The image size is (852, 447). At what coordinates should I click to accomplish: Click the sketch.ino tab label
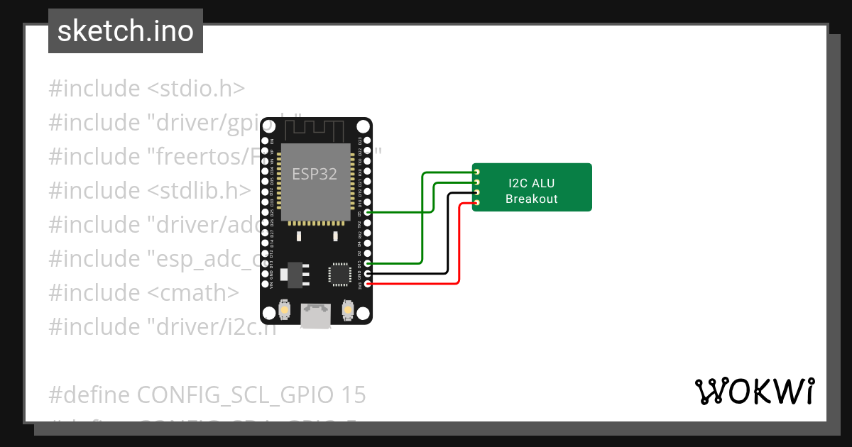[x=126, y=31]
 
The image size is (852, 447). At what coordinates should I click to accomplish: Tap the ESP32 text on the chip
[x=315, y=173]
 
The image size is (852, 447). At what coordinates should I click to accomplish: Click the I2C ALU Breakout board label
[x=532, y=192]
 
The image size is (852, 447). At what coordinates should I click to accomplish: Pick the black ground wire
[x=447, y=234]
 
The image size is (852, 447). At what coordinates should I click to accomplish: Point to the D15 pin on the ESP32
[x=367, y=263]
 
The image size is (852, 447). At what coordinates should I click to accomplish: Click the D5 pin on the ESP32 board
[x=367, y=212]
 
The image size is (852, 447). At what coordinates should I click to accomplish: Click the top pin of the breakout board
[x=477, y=172]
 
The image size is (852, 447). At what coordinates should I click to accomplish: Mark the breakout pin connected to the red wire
[x=477, y=204]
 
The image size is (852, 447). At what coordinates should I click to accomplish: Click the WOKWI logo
[x=754, y=391]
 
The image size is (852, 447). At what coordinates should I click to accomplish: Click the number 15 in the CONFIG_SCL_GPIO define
[x=354, y=395]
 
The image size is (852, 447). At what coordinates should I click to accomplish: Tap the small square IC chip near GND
[x=339, y=274]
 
